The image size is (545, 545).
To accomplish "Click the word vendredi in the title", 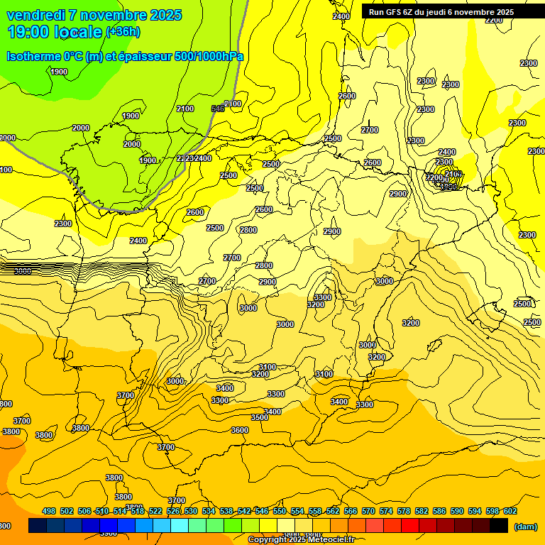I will point(36,15).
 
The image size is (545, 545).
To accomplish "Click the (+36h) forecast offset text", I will point(123,32).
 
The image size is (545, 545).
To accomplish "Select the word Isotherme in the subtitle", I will point(32,56).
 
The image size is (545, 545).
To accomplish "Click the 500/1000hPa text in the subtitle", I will point(209,56).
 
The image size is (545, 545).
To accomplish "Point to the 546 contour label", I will point(218,109).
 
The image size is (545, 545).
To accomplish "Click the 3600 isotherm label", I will point(240,430).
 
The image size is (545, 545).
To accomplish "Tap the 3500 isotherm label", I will point(260,418).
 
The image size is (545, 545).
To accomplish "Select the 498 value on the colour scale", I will point(49,512).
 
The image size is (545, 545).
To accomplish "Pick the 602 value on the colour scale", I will point(510,512).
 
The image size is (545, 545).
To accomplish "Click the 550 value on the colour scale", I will point(280,512).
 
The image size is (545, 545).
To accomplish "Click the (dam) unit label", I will point(526,527).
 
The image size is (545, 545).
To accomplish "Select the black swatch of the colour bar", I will point(499,526).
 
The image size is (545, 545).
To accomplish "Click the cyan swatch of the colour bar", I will point(180,526).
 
